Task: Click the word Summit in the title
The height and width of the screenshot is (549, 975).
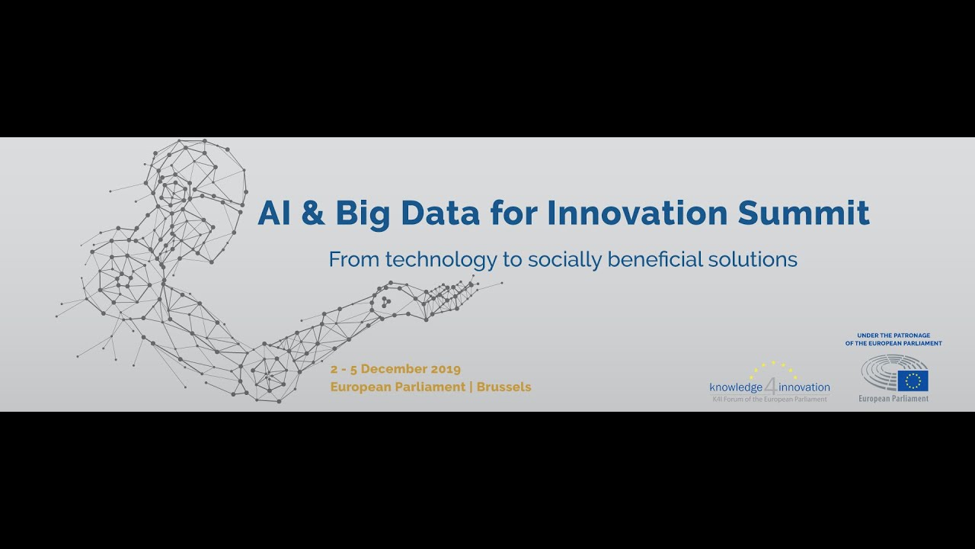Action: (x=803, y=213)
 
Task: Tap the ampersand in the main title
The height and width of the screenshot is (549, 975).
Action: (x=312, y=213)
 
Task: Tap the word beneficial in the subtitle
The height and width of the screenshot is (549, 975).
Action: (x=645, y=260)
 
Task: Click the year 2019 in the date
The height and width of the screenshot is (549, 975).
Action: (x=445, y=369)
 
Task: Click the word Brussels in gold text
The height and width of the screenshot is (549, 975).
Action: (x=503, y=387)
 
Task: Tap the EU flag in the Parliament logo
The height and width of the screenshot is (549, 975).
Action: (x=913, y=380)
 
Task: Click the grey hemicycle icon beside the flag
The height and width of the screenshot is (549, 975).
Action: (x=881, y=374)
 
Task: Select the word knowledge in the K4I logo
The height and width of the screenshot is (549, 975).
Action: (x=736, y=387)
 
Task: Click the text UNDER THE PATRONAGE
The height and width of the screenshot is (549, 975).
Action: (x=893, y=335)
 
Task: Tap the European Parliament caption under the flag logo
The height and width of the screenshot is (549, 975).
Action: (x=893, y=399)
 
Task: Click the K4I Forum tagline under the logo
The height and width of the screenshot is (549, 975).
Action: (x=769, y=399)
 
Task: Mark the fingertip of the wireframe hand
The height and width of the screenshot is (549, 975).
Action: (x=475, y=284)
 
